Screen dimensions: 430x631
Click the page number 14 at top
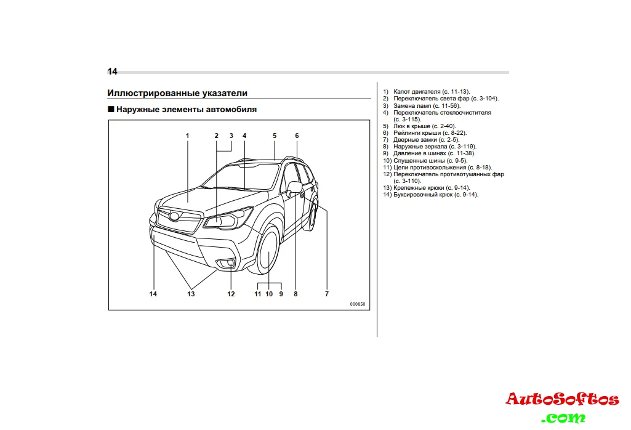point(112,71)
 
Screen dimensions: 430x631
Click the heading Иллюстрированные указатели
point(177,93)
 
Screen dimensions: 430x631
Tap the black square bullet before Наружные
point(111,110)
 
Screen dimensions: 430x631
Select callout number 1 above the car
point(188,136)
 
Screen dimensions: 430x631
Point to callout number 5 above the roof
point(275,136)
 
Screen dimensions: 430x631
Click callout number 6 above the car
point(297,136)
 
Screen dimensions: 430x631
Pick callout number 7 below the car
point(327,294)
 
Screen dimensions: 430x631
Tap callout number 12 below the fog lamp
point(231,294)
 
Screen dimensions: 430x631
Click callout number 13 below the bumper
point(191,294)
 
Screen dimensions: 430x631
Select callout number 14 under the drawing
point(153,294)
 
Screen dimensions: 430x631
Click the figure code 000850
point(357,304)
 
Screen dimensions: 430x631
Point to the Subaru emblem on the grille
point(175,216)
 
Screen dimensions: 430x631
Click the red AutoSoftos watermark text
point(562,399)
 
